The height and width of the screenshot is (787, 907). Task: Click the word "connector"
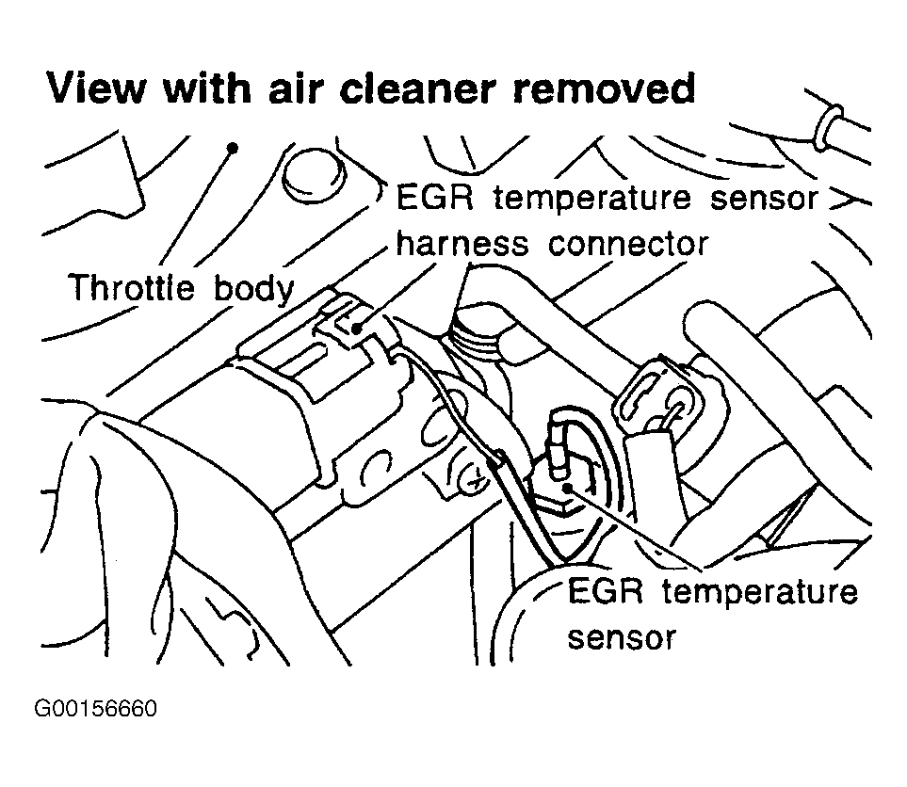click(628, 244)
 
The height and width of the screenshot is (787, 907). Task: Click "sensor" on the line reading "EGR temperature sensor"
click(761, 200)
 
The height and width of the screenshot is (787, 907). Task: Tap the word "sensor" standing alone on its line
click(622, 637)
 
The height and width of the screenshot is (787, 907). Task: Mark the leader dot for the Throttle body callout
click(232, 148)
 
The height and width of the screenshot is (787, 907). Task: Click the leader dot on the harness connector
click(356, 327)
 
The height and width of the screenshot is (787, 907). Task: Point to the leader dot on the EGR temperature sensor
click(567, 487)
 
